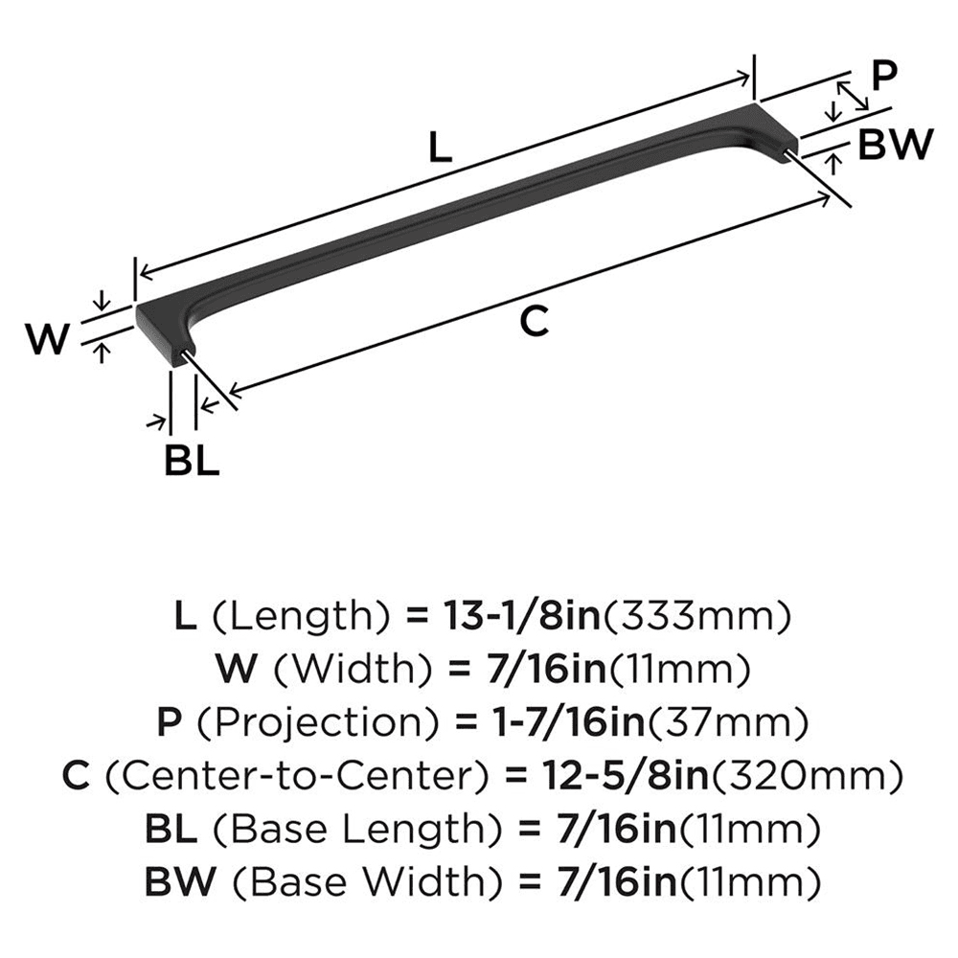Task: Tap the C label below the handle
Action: (534, 321)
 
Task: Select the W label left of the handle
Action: (48, 339)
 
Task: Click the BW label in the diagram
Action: (895, 145)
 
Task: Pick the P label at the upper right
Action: (883, 75)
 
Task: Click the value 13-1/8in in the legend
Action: (522, 616)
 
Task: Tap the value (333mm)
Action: (697, 616)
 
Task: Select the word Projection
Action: (318, 722)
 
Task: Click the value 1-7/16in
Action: (569, 722)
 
